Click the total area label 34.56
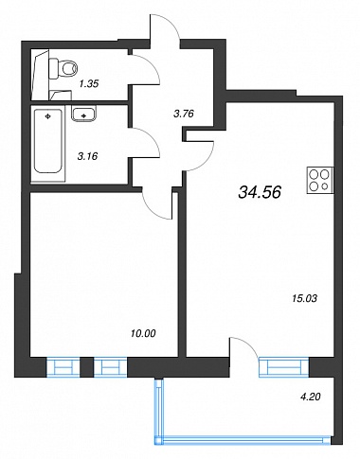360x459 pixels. (260, 192)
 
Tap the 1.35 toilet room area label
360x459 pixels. (89, 84)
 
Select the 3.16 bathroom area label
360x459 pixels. (87, 156)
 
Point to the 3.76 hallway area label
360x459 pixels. (184, 114)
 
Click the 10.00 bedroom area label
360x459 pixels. (143, 333)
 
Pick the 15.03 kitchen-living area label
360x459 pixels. (304, 298)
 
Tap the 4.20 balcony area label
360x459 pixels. (311, 397)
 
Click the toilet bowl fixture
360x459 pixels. (63, 68)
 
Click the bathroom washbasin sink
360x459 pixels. (83, 114)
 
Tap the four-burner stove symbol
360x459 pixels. (320, 180)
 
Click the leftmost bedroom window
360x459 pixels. (63, 367)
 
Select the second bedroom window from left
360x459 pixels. (110, 367)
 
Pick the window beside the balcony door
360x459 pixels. (284, 367)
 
